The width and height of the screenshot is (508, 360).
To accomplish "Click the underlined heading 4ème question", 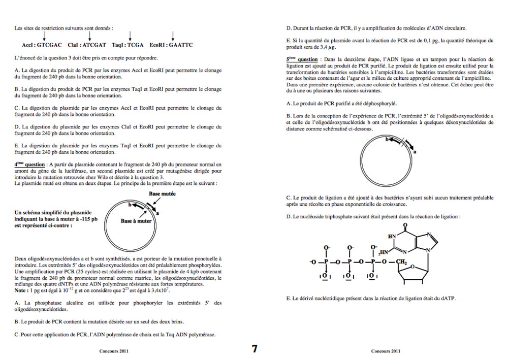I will point(29,165).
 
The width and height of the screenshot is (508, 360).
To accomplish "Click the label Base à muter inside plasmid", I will point(136,221).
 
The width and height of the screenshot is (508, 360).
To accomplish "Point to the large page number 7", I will point(255,349).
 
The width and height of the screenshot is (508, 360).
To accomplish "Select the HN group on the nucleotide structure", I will point(392,236).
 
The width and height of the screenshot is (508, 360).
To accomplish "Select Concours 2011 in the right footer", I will point(385,351).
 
